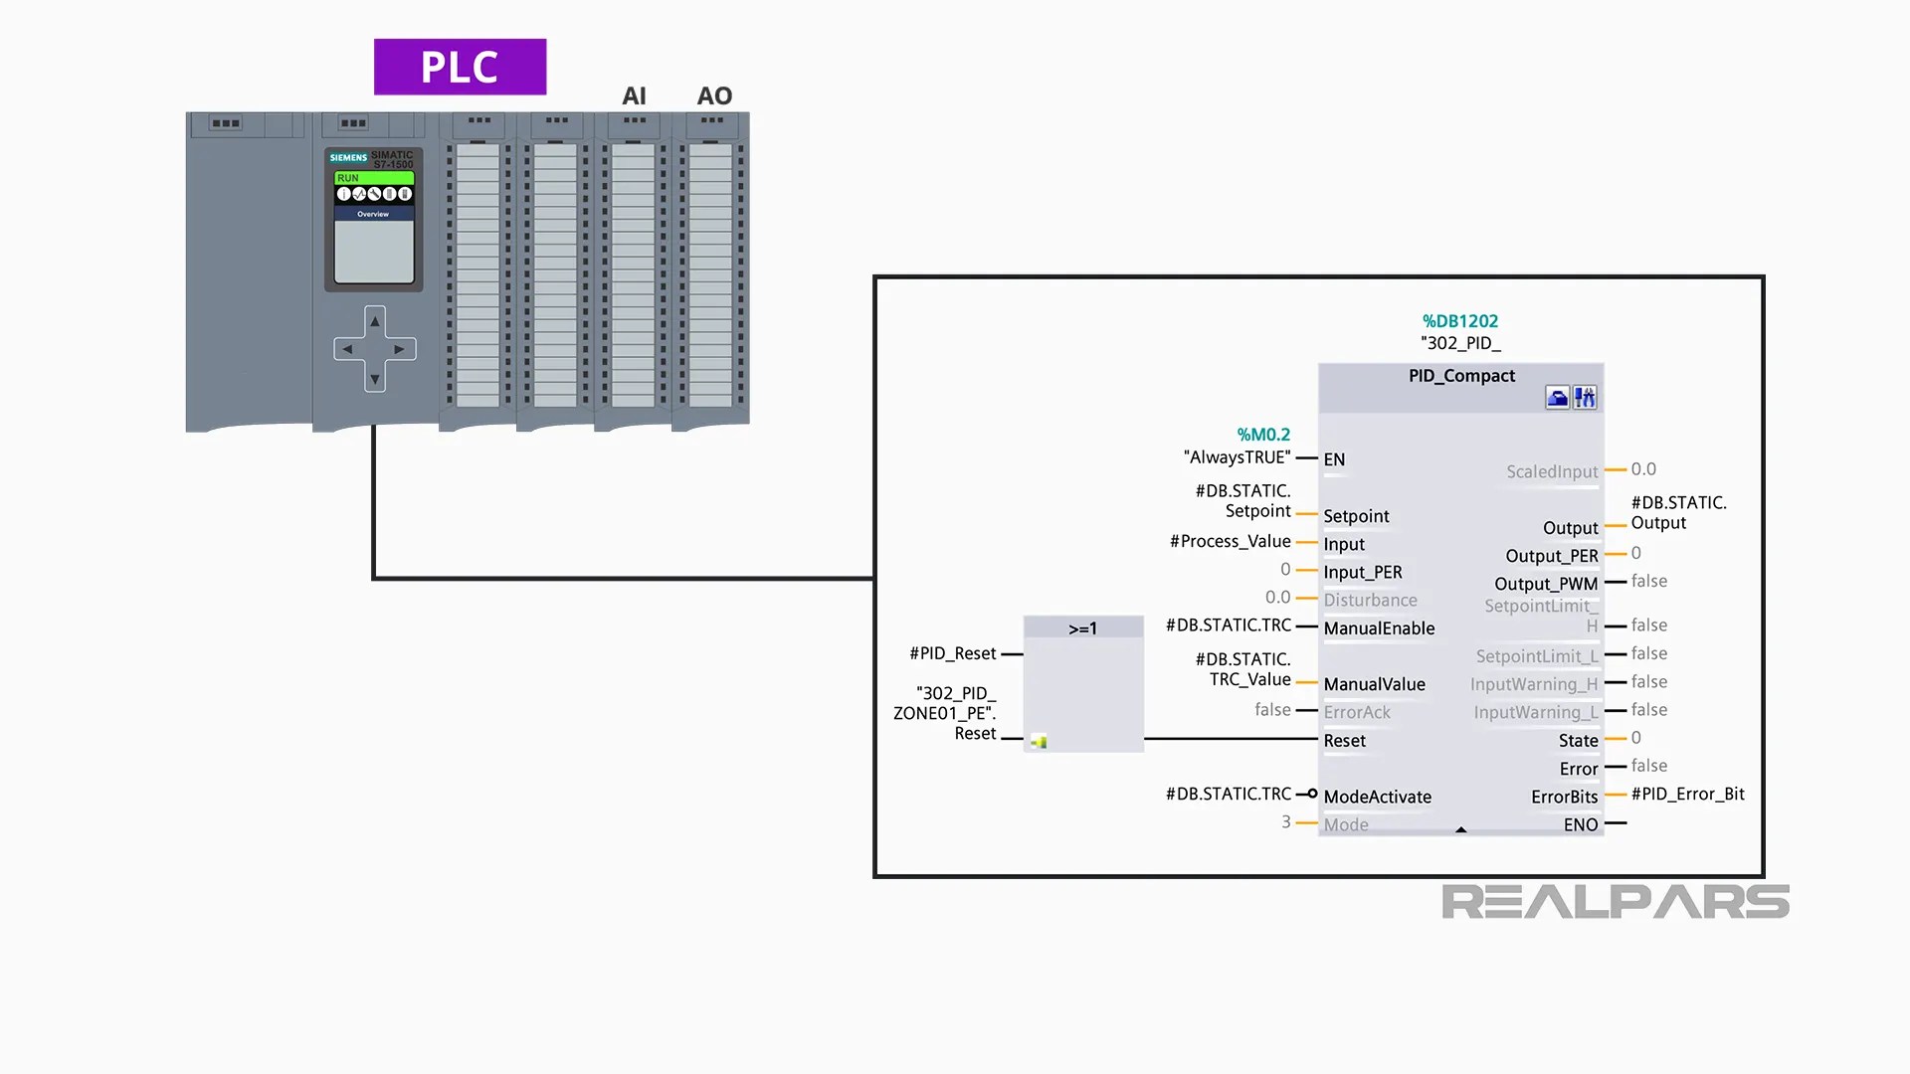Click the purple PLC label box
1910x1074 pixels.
pos(460,67)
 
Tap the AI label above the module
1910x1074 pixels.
pos(634,96)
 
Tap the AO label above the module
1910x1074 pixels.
pos(714,96)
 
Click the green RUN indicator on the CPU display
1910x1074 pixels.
pos(373,178)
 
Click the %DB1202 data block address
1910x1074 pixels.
pos(1459,321)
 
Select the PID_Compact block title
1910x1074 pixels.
pos(1461,376)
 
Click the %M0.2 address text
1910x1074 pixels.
pos(1263,435)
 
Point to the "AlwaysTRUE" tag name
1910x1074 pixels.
pos(1237,457)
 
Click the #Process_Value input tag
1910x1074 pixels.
pos(1230,541)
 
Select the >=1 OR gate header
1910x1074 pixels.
pos(1082,628)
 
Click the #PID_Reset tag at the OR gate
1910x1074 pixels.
pos(952,653)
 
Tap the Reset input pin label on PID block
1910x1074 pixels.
pos(1344,741)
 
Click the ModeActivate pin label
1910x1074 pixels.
pos(1377,797)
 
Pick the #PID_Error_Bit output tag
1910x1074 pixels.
pos(1687,794)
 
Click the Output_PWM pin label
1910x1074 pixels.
pos(1545,584)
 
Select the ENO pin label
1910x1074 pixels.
pos(1580,824)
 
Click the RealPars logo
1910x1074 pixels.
pos(1615,902)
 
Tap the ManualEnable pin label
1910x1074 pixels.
pos(1379,628)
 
